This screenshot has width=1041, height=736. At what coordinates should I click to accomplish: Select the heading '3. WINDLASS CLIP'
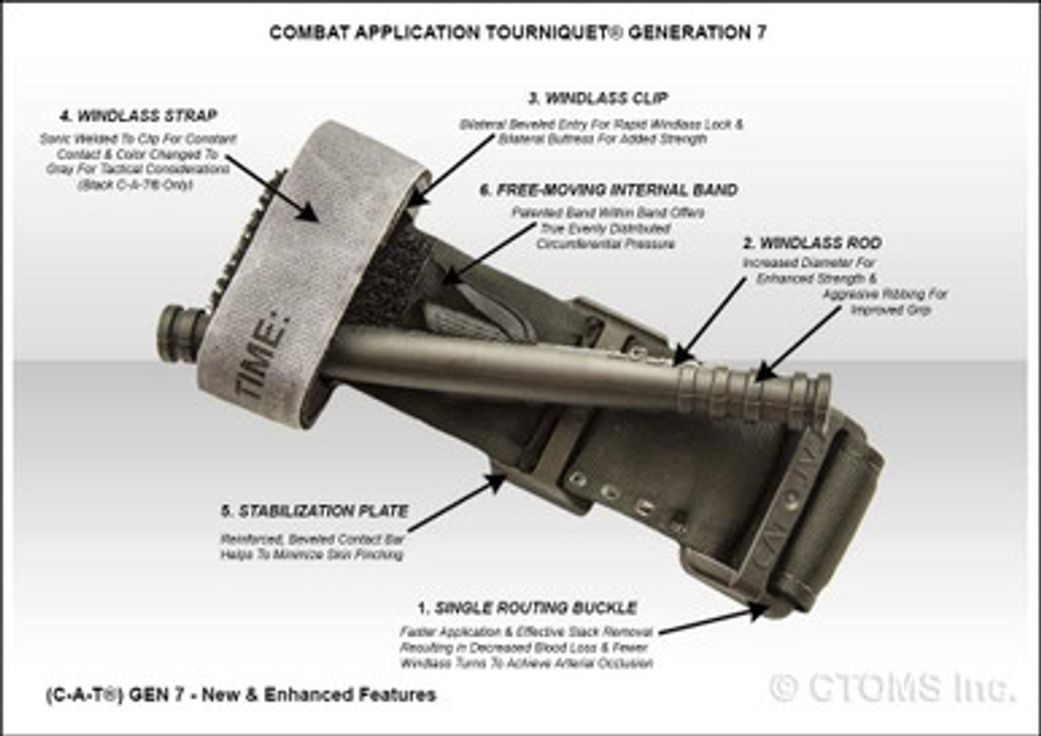[598, 99]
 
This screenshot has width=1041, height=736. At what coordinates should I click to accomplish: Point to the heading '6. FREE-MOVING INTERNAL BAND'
[608, 190]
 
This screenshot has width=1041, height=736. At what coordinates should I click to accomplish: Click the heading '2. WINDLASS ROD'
[811, 243]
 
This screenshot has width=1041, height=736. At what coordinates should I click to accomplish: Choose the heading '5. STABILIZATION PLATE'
[315, 512]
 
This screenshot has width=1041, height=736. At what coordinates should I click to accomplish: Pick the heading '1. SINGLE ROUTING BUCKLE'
[527, 608]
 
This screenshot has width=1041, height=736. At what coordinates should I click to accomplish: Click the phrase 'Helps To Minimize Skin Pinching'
[311, 555]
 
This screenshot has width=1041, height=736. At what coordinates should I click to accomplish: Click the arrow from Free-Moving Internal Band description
[491, 250]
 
